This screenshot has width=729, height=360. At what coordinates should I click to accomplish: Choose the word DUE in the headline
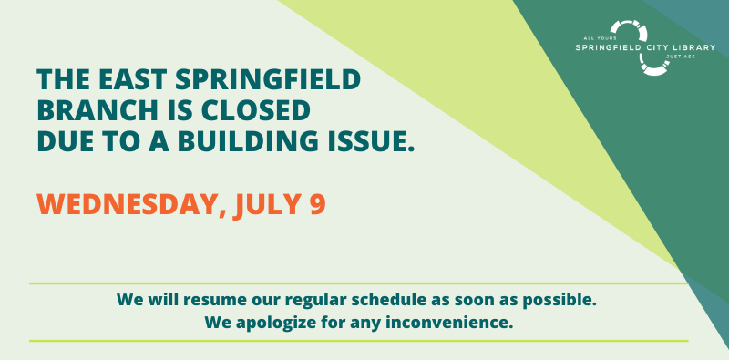pyautogui.click(x=65, y=142)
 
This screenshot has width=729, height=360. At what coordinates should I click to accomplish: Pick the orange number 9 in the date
pyautogui.click(x=316, y=203)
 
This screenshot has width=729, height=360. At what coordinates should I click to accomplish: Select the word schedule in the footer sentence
pyautogui.click(x=406, y=299)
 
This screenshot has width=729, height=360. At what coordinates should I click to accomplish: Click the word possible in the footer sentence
pyautogui.click(x=561, y=299)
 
